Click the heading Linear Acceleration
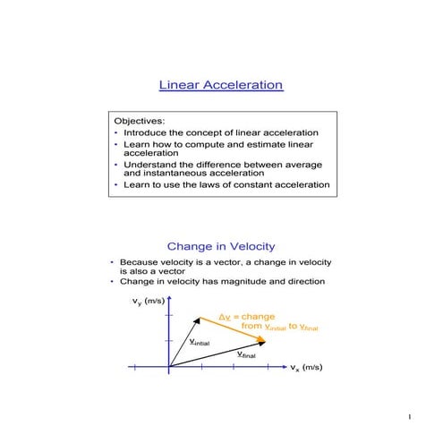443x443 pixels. coord(221,85)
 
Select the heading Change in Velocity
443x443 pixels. coord(221,246)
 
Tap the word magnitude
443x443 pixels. coord(249,282)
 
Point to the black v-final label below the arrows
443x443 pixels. coord(246,355)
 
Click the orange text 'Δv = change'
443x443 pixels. coord(248,317)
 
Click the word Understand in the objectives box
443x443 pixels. coord(149,165)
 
